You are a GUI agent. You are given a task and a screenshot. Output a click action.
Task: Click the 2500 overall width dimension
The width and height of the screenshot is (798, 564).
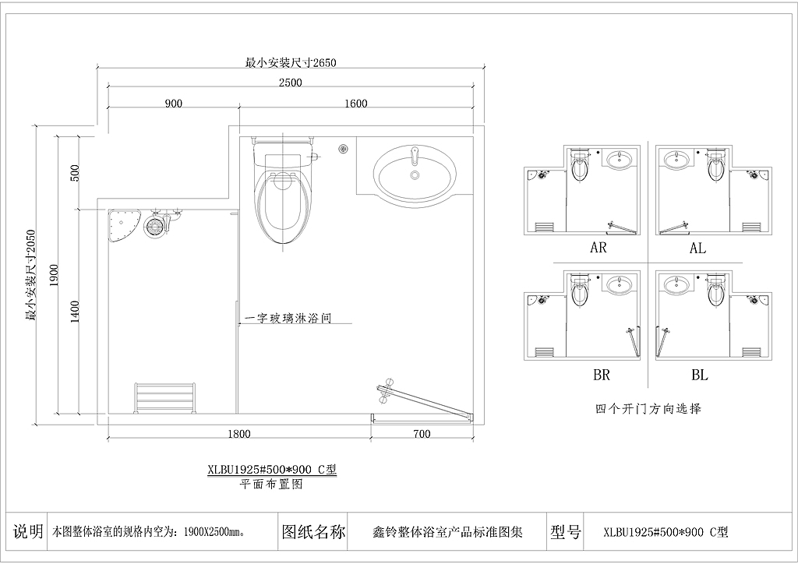[290, 83]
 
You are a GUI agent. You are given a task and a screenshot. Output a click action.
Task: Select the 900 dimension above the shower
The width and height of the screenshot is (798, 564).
[174, 104]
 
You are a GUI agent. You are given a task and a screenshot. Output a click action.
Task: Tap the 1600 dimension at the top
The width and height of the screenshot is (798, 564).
[355, 104]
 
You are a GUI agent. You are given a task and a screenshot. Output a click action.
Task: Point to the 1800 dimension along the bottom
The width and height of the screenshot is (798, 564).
[238, 435]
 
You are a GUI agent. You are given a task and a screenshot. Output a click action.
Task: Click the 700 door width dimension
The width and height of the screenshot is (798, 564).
[422, 435]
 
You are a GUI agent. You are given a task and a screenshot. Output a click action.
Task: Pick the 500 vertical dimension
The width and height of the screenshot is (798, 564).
[75, 174]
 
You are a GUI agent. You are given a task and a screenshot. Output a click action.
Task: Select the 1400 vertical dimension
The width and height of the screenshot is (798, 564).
[75, 312]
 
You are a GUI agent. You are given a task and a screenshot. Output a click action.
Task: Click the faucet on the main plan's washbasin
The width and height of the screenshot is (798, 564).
[415, 156]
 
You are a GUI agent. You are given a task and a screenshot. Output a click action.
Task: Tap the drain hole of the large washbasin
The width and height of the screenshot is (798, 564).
[415, 175]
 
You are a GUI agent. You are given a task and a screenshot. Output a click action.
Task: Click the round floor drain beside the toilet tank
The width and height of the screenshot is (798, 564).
[344, 149]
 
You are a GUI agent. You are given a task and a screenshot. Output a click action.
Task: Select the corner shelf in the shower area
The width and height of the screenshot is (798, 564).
[122, 226]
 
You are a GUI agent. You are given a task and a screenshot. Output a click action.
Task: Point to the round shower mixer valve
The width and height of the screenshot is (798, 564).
[154, 226]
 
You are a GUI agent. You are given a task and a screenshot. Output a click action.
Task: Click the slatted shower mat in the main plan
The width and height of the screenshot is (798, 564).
[165, 398]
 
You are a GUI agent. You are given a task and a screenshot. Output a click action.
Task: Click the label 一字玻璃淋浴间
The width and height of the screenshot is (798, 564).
[288, 319]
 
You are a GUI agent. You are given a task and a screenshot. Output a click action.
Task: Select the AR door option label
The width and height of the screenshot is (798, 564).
[598, 248]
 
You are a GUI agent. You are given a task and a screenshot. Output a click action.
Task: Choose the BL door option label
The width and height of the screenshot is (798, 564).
[699, 375]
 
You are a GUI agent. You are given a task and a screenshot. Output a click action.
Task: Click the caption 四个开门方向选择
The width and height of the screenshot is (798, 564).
[648, 408]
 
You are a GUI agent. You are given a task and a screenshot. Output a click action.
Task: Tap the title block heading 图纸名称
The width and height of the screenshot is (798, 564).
[313, 532]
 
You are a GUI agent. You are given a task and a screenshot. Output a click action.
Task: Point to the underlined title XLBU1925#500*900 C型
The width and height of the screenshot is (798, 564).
[272, 470]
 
